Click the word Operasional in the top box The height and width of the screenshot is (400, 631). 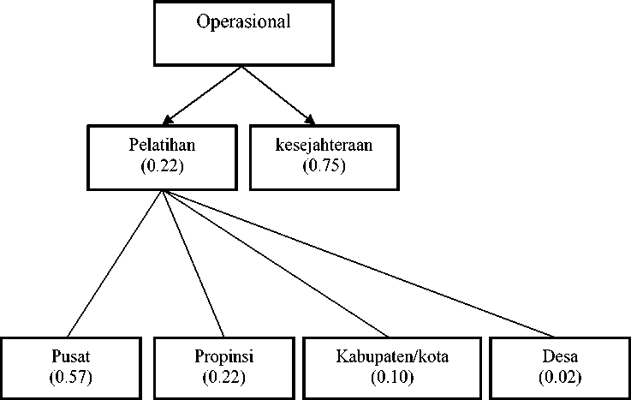(x=243, y=21)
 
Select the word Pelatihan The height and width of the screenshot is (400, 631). (x=162, y=145)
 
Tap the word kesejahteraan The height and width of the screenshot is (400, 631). (x=324, y=145)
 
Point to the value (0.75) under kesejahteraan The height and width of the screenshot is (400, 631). (x=324, y=165)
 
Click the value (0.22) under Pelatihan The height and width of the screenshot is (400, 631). (x=162, y=165)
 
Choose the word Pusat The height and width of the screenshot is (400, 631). (x=71, y=356)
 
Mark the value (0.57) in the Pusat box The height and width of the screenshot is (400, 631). (x=71, y=377)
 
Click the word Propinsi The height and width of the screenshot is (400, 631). (x=224, y=356)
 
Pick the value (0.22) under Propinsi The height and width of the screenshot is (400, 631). (x=224, y=377)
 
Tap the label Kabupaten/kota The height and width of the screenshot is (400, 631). (x=392, y=356)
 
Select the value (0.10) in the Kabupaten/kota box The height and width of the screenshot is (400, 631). (x=392, y=377)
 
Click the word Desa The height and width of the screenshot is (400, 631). (x=560, y=356)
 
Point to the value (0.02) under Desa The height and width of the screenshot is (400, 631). (x=560, y=377)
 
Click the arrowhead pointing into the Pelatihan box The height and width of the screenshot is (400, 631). (x=167, y=120)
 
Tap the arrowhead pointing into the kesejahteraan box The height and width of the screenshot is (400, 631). (x=310, y=120)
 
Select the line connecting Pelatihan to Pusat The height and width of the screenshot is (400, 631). (x=115, y=264)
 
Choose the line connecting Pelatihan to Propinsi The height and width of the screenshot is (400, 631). (x=193, y=264)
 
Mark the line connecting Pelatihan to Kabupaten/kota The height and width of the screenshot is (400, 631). (x=276, y=264)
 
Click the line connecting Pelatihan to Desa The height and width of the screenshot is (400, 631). (x=358, y=264)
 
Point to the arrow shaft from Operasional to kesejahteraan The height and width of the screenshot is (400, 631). (x=276, y=93)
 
